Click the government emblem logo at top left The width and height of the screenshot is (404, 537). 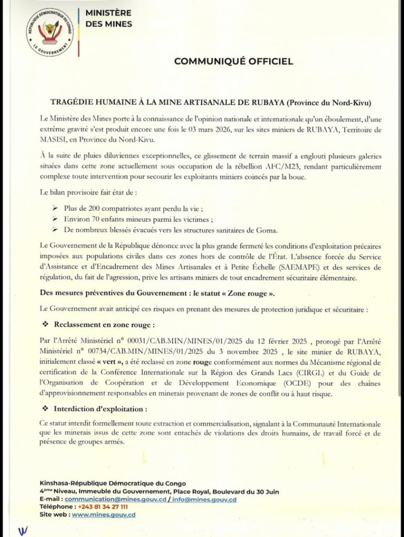pos(50,33)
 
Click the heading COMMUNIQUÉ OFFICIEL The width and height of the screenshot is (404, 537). pos(233,61)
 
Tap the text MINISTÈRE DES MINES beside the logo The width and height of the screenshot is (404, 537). pos(109,18)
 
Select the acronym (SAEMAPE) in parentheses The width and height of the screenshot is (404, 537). pos(279,267)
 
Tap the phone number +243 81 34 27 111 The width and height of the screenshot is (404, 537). pos(102,507)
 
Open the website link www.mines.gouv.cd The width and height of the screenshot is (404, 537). pos(104,515)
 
